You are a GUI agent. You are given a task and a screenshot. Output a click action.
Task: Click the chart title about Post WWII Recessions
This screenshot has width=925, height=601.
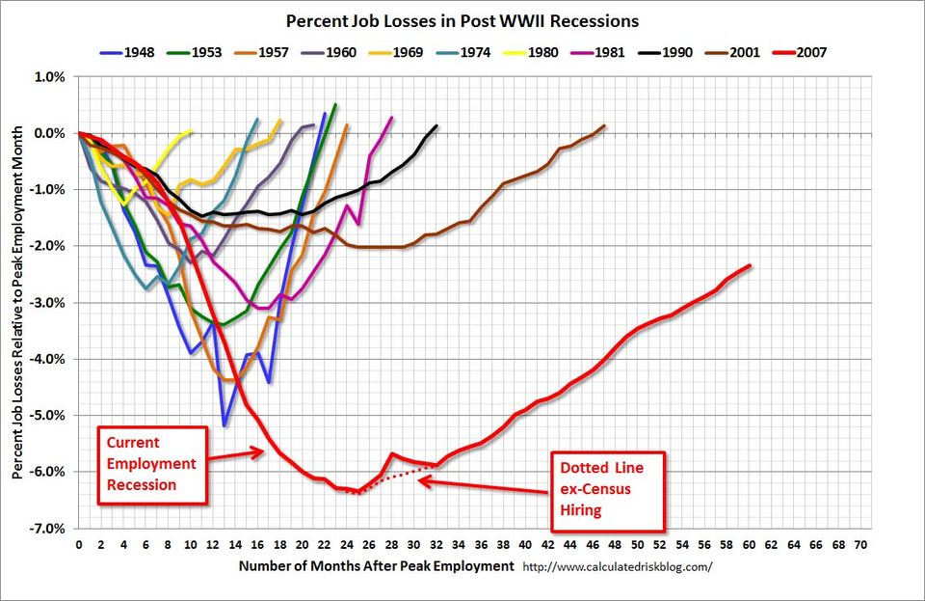tap(461, 20)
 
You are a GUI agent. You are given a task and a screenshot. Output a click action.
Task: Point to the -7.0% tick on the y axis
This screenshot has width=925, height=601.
tap(49, 529)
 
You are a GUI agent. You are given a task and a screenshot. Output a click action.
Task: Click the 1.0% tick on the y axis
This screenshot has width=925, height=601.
tap(51, 77)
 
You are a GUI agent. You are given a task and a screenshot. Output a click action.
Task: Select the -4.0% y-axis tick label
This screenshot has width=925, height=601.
tap(49, 359)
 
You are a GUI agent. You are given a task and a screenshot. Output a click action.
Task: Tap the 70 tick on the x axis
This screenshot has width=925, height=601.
tap(860, 544)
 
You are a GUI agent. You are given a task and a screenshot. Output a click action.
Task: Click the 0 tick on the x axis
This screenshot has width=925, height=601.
tap(78, 544)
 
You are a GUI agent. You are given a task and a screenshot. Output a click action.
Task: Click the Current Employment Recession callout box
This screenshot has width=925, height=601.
tap(150, 465)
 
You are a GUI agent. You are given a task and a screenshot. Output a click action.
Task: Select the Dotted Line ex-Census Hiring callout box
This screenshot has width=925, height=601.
tap(607, 491)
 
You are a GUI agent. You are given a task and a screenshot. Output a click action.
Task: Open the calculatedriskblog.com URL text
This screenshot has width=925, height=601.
tap(617, 566)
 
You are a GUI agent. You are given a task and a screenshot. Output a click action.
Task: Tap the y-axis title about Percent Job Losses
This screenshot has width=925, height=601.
tap(18, 302)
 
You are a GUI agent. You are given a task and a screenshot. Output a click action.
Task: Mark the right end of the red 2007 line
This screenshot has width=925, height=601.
tap(750, 265)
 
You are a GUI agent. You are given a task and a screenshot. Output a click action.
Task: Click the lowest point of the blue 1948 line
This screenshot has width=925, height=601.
tap(224, 425)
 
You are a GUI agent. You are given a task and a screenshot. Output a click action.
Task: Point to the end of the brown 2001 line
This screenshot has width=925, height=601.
tap(604, 125)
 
